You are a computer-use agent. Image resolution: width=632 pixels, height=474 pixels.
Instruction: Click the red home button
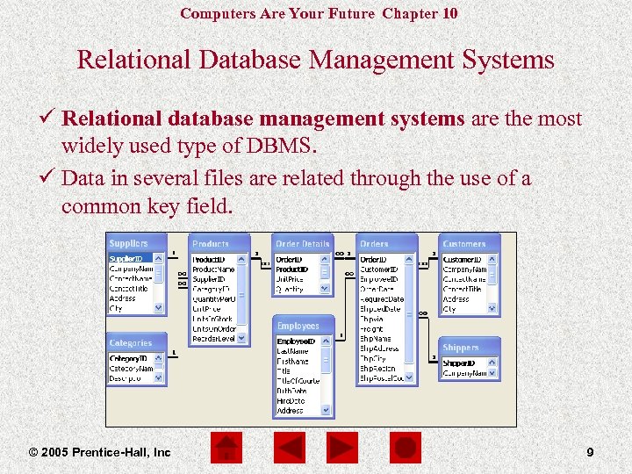tap(226, 449)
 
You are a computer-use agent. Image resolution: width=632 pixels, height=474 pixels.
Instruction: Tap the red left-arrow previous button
tap(288, 449)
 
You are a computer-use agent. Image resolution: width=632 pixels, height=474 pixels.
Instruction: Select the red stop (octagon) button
tap(405, 449)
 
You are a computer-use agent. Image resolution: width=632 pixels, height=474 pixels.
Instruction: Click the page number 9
tap(590, 452)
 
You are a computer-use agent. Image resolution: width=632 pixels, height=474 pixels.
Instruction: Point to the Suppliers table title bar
tap(135, 243)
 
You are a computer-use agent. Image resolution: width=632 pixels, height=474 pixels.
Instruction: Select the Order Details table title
tap(302, 243)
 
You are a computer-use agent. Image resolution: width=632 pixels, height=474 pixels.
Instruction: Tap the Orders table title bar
tap(386, 243)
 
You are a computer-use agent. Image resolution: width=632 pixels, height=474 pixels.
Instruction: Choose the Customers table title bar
tap(470, 243)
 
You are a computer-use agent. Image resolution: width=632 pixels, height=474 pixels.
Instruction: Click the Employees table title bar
tap(304, 326)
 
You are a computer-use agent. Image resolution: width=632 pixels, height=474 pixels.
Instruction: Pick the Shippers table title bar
tap(470, 348)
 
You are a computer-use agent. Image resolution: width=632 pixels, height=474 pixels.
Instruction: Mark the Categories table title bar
tap(135, 342)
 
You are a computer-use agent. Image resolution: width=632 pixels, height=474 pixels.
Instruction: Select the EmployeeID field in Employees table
tap(298, 341)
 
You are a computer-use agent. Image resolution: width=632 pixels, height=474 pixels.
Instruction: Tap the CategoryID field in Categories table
tap(128, 358)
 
